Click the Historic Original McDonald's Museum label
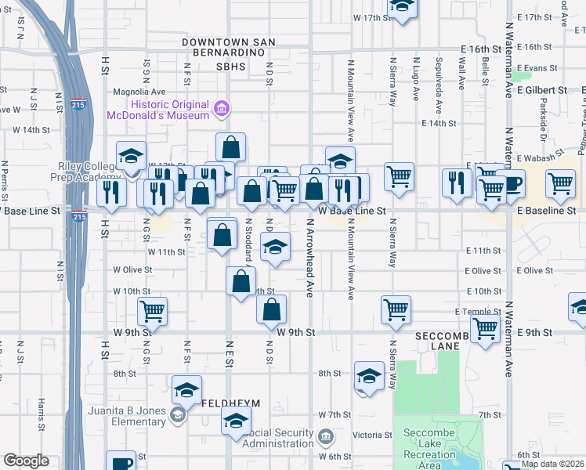171,110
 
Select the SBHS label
231,67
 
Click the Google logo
26,461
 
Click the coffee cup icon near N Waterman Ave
510,184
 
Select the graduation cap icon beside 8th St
369,376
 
